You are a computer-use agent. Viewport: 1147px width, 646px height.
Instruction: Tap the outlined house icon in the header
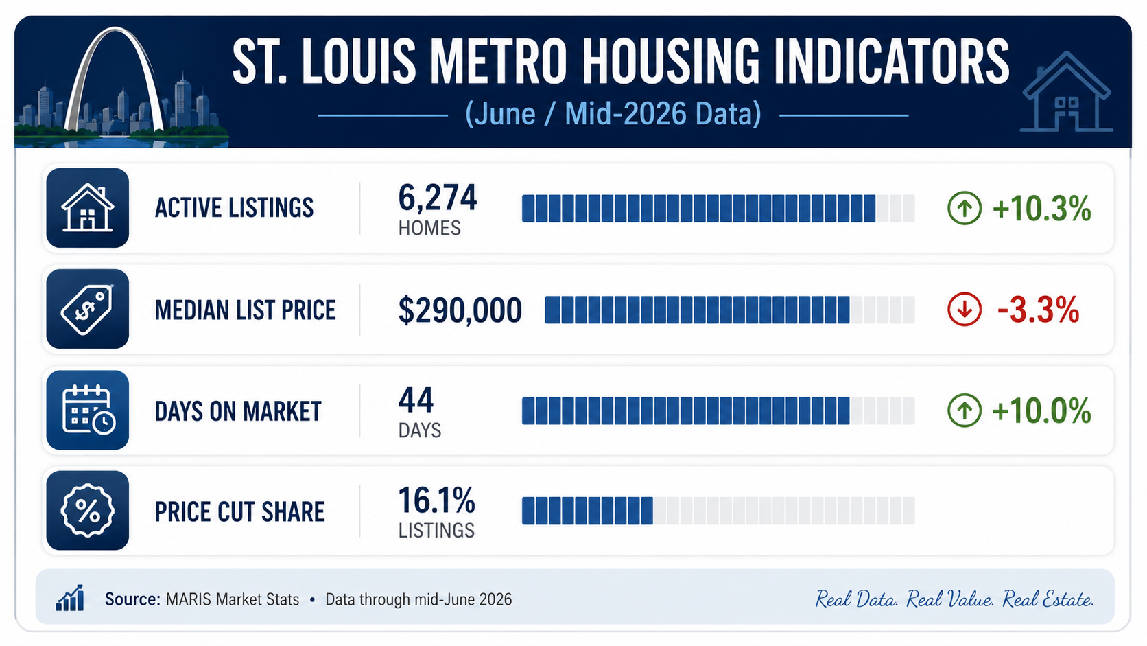(1066, 92)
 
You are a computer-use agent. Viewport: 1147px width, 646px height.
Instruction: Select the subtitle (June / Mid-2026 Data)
(613, 114)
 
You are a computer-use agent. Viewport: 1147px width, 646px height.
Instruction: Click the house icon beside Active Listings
(88, 208)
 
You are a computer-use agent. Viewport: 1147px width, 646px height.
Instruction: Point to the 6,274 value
(437, 198)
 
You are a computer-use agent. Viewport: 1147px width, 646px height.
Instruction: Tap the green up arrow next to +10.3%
(965, 208)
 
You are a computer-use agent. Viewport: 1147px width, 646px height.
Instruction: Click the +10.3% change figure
(1041, 209)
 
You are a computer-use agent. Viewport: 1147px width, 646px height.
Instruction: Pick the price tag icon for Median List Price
(88, 309)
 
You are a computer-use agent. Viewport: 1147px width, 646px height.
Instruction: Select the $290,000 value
(460, 310)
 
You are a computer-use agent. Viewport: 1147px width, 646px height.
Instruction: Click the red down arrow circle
(965, 309)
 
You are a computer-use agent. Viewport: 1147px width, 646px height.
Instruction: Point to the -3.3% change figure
(1038, 310)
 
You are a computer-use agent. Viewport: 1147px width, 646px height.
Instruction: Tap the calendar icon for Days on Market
(88, 410)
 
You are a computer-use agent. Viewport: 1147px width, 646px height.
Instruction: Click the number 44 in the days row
(416, 400)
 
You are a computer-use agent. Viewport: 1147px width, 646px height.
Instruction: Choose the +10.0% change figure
(1041, 411)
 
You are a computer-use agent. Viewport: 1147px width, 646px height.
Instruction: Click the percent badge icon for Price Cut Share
(88, 510)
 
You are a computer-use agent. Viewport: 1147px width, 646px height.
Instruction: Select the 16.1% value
(437, 500)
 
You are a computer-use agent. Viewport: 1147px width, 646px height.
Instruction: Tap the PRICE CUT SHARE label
(239, 511)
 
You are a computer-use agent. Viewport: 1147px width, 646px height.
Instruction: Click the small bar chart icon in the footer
(70, 598)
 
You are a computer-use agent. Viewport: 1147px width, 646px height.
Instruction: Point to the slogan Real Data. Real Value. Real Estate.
(954, 599)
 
